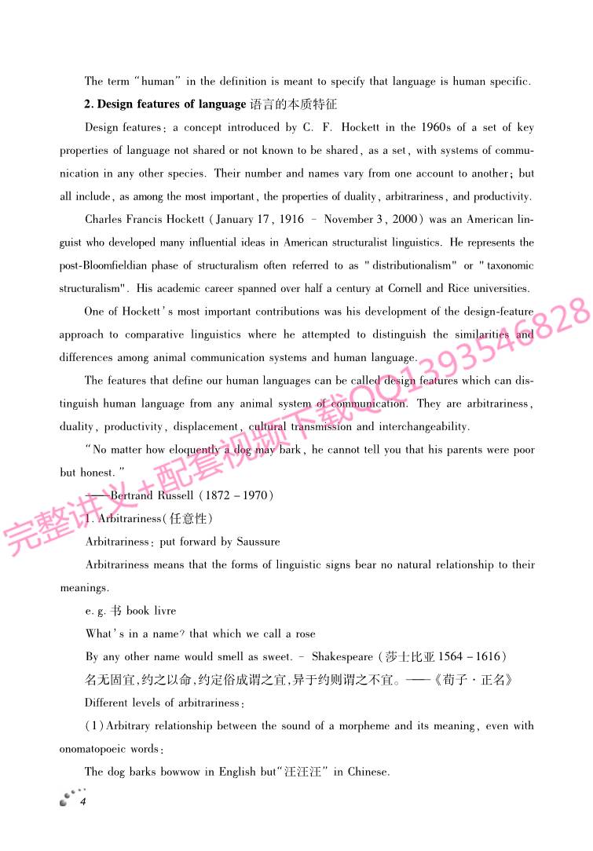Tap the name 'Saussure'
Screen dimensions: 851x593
tap(255, 542)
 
